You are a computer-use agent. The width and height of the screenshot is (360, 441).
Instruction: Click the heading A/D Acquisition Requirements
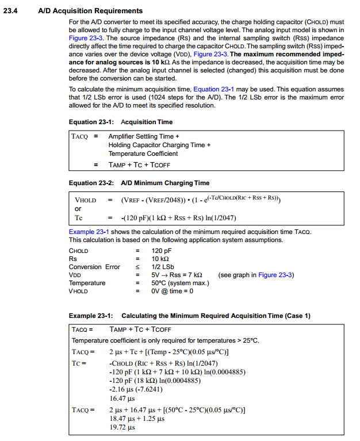tap(90, 10)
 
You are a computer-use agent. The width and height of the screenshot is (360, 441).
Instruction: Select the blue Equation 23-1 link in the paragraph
tap(213, 89)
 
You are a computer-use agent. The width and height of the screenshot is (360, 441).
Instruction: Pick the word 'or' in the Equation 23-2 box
tap(78, 209)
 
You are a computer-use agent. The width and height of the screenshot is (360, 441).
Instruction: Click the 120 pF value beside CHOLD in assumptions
tap(162, 251)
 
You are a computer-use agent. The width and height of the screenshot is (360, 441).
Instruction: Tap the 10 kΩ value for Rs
tap(160, 259)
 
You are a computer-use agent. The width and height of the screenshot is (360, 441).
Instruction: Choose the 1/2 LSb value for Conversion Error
tap(163, 267)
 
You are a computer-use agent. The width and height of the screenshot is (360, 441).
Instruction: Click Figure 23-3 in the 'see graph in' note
tap(276, 275)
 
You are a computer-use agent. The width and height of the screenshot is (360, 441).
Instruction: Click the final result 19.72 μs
tap(121, 427)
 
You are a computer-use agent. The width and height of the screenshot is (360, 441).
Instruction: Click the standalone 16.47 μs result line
tap(121, 398)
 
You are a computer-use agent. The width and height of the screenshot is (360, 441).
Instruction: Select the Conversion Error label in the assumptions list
tap(94, 267)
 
